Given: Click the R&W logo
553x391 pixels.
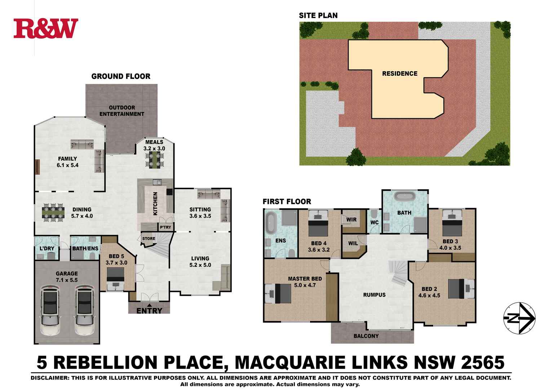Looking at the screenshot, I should pyautogui.click(x=46, y=29).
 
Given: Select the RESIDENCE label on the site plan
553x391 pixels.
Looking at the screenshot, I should pyautogui.click(x=399, y=74).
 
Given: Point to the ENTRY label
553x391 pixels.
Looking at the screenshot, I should pyautogui.click(x=149, y=310).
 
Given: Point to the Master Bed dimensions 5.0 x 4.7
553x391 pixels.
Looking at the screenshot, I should pyautogui.click(x=305, y=285).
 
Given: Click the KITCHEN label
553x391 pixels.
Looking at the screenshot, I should pyautogui.click(x=155, y=204).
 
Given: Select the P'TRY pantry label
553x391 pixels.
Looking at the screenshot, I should pyautogui.click(x=165, y=227).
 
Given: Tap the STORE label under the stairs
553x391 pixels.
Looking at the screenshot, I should pyautogui.click(x=149, y=239).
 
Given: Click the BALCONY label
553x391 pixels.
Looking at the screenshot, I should pyautogui.click(x=366, y=336).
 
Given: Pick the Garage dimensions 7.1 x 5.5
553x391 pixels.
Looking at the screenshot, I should pyautogui.click(x=67, y=280).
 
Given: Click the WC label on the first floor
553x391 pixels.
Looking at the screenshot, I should pyautogui.click(x=374, y=222).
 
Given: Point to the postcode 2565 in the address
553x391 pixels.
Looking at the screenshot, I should pyautogui.click(x=483, y=362).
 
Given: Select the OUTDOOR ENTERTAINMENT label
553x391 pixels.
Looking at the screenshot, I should pyautogui.click(x=121, y=111).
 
